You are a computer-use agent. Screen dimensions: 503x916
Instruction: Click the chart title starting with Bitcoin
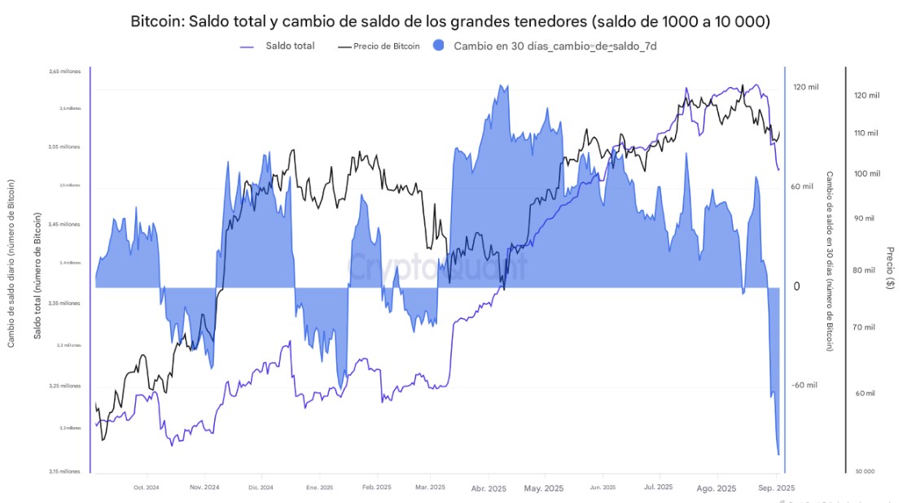tap(450, 22)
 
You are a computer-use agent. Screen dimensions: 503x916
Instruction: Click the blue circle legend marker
tap(440, 46)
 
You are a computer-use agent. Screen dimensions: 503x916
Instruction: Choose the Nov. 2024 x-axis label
tap(204, 488)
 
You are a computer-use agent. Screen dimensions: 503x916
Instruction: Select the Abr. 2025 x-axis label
tap(489, 488)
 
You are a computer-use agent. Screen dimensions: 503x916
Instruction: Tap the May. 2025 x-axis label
tap(543, 488)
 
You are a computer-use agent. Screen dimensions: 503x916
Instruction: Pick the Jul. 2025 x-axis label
tap(658, 488)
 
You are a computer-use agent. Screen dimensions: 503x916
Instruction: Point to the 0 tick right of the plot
tap(796, 286)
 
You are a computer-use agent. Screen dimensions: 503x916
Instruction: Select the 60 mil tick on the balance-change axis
tap(802, 186)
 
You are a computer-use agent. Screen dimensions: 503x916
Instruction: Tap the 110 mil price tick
tap(866, 133)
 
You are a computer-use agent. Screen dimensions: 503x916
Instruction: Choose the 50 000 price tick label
tap(864, 471)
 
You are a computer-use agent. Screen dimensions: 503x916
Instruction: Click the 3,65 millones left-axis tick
tap(65, 72)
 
